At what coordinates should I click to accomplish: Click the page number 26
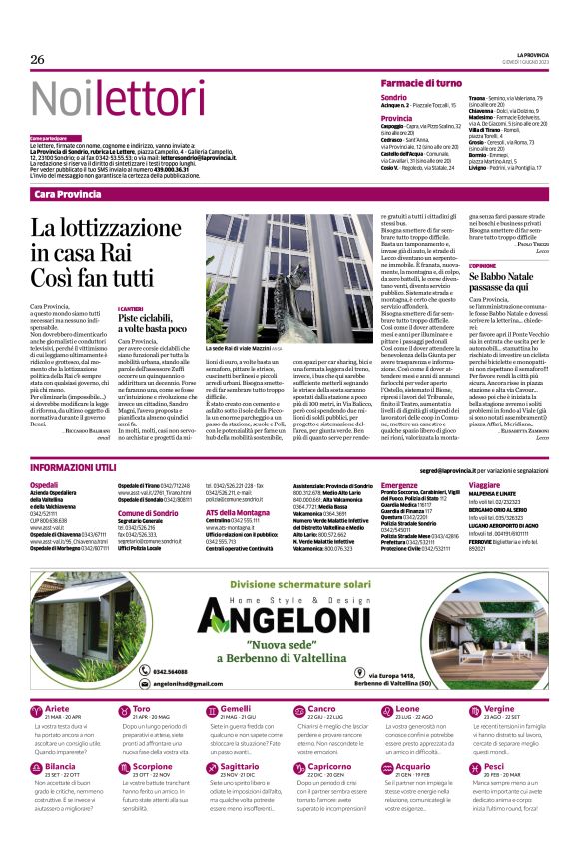[x=38, y=60]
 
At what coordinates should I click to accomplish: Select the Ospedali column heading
[x=45, y=483]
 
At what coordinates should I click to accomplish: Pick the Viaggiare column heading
[x=485, y=483]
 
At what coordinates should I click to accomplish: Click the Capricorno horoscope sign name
[x=331, y=766]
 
